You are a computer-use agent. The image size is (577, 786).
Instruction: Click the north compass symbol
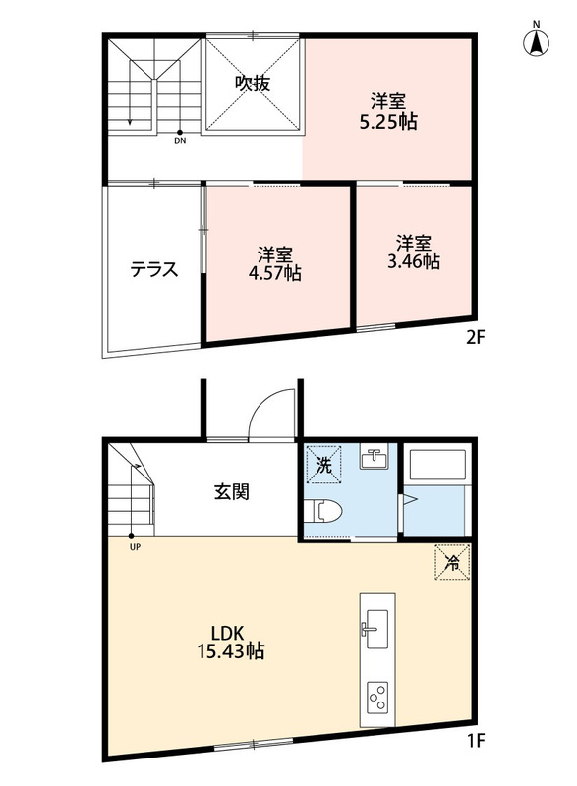click(x=536, y=40)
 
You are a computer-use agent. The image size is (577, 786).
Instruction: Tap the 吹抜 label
click(x=254, y=84)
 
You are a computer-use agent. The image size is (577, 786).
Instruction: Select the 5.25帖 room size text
click(x=388, y=122)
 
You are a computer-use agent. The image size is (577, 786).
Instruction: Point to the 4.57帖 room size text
click(x=275, y=273)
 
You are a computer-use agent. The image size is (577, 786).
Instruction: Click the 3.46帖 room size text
click(x=414, y=261)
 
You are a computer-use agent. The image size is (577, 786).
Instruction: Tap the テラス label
click(x=154, y=269)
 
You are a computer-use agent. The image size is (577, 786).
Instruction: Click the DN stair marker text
click(x=180, y=141)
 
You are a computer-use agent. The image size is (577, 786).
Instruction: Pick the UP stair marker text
click(x=135, y=547)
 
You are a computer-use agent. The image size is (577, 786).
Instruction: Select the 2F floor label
click(x=476, y=338)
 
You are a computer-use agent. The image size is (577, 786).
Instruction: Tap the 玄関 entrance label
click(x=232, y=492)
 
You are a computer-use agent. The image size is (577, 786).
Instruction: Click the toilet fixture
click(x=323, y=511)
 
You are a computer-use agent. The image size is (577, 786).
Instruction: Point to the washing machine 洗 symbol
click(x=323, y=465)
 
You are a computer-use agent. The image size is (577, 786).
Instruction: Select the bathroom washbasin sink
click(x=374, y=458)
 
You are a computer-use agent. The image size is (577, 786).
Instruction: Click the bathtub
click(x=437, y=465)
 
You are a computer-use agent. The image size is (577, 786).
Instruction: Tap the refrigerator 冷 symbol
click(x=452, y=562)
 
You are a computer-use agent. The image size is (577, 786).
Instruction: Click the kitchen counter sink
click(x=376, y=629)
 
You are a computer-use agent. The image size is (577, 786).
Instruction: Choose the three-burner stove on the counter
click(x=377, y=698)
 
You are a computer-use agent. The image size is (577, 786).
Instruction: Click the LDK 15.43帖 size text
click(x=231, y=642)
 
